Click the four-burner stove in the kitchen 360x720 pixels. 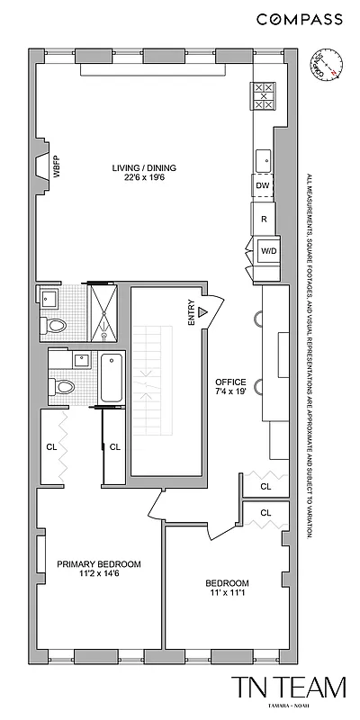[x=265, y=95]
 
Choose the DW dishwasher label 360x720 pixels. [x=263, y=185]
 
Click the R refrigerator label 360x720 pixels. [x=264, y=219]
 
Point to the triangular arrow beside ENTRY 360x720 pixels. [x=203, y=311]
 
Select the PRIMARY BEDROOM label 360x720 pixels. [x=99, y=564]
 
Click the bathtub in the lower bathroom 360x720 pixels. [x=112, y=379]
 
